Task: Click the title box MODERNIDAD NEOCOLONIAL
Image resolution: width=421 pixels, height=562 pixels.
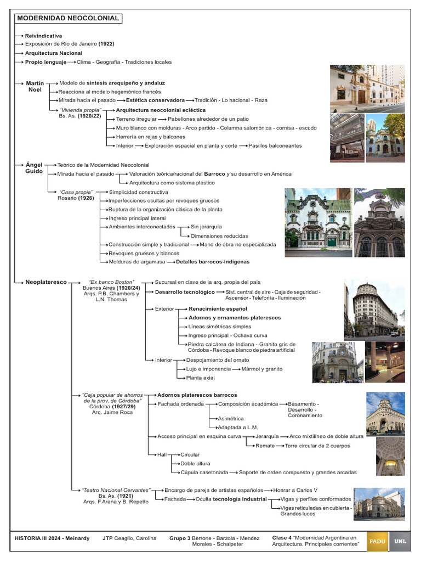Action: [x=69, y=18]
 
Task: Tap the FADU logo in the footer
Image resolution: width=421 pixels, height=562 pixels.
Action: [x=378, y=541]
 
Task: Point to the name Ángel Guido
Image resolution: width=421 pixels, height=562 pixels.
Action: [x=33, y=168]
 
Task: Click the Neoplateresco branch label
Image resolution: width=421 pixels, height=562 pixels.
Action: [x=45, y=282]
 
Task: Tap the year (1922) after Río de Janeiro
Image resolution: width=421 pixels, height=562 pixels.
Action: [x=106, y=43]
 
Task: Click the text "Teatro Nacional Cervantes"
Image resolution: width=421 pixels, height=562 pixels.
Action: [x=116, y=490]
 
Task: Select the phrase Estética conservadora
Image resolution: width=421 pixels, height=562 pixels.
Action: [x=156, y=100]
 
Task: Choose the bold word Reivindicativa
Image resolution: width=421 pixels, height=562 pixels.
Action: [x=43, y=36]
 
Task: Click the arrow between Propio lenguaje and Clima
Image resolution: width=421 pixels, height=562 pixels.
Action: [x=71, y=62]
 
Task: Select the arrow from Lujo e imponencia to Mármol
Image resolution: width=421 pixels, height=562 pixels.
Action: [x=234, y=369]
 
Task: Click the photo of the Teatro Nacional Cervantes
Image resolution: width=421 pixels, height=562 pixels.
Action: [x=379, y=504]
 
